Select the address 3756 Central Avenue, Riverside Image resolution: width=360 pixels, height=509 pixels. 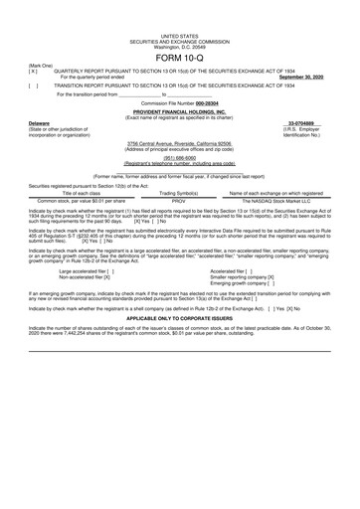pos(179,143)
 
